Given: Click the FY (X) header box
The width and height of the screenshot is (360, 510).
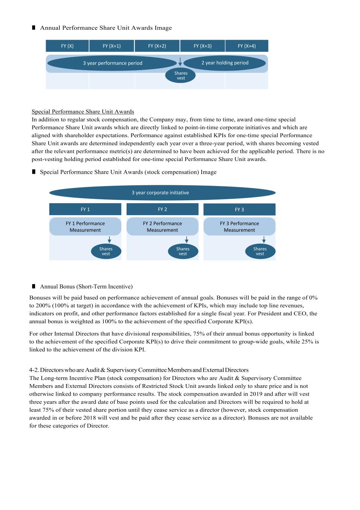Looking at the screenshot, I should (67, 46).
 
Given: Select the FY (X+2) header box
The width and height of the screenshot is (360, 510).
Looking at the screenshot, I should (157, 46).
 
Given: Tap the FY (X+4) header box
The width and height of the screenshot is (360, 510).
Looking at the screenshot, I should (247, 46).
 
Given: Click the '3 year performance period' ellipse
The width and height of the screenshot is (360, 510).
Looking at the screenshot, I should (112, 63).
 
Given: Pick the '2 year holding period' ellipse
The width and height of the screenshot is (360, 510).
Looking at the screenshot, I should (225, 63).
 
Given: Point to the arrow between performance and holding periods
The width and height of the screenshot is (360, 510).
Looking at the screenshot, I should (180, 62).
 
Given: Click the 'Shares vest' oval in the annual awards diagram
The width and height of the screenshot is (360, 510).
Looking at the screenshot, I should (181, 75).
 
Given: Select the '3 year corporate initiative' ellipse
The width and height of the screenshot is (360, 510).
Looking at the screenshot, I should (162, 193).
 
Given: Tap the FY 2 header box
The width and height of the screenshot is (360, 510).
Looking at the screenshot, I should (162, 209).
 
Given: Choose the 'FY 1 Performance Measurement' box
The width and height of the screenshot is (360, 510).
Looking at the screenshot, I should (85, 226).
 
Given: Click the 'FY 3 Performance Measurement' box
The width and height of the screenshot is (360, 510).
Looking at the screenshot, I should (239, 226).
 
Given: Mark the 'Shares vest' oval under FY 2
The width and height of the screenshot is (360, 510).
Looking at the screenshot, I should (183, 251).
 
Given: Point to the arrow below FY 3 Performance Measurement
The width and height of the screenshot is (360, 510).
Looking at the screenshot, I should (264, 239).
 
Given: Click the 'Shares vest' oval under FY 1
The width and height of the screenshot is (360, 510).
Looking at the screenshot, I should (106, 251).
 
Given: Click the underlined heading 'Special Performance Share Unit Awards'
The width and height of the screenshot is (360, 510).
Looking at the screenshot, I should (83, 112).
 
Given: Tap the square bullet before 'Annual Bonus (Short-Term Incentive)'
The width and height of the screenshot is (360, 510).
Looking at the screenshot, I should (34, 286).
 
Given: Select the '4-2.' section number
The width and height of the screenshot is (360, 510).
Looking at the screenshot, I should (34, 370).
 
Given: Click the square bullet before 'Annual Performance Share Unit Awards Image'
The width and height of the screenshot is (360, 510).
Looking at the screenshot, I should (34, 28).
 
